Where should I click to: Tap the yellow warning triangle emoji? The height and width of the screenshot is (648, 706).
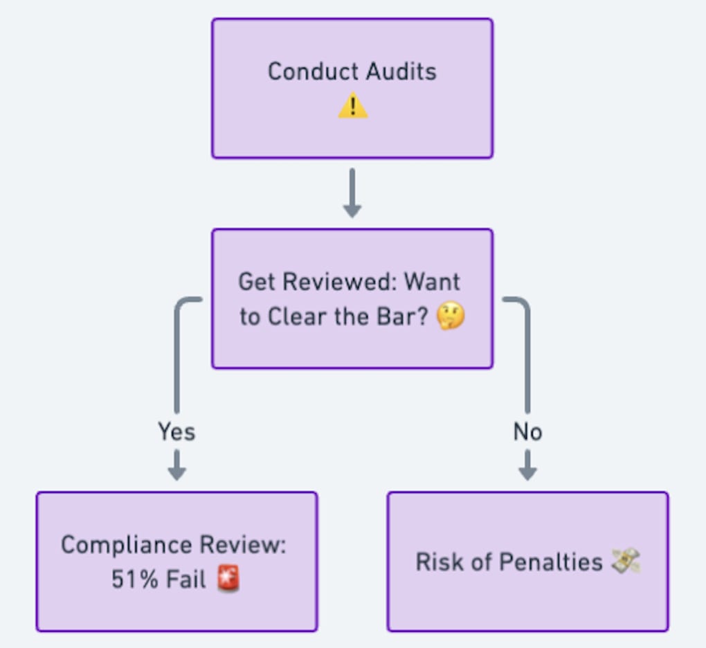[352, 107]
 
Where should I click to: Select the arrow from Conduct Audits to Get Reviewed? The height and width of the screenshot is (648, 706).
[352, 193]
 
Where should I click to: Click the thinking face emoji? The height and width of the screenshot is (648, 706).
[451, 317]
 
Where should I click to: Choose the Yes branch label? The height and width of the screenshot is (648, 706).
[176, 432]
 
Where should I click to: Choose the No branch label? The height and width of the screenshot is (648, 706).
[527, 432]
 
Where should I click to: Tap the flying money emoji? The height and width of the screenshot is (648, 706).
[625, 561]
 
